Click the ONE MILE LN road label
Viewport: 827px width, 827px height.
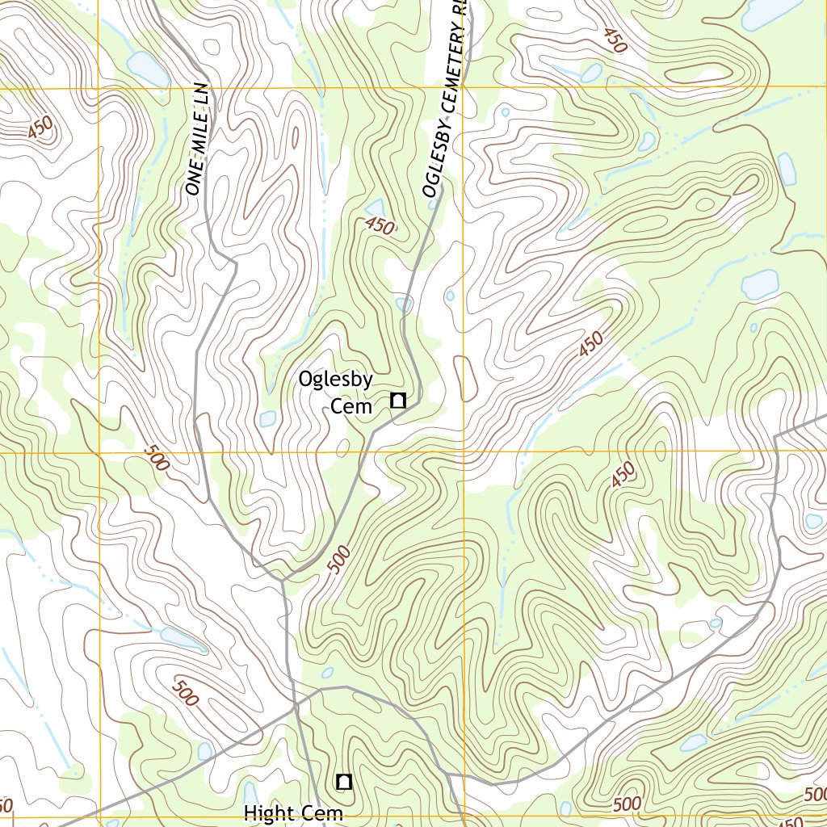[x=197, y=138]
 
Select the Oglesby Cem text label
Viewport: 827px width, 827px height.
[x=336, y=392]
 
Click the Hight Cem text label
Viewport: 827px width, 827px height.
[x=293, y=813]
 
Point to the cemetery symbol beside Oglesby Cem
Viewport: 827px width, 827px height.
[x=397, y=400]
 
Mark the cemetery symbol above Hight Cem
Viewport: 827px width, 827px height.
[x=344, y=781]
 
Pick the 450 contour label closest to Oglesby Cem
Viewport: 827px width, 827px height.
[x=379, y=226]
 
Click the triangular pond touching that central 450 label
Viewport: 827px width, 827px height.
[x=375, y=209]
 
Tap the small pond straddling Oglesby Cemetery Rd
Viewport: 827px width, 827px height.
[x=404, y=304]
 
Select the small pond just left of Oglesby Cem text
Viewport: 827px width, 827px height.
[x=267, y=418]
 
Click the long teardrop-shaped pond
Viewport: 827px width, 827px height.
[x=183, y=639]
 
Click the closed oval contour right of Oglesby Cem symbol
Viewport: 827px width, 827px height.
[x=464, y=378]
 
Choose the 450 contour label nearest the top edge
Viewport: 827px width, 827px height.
[x=613, y=40]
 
